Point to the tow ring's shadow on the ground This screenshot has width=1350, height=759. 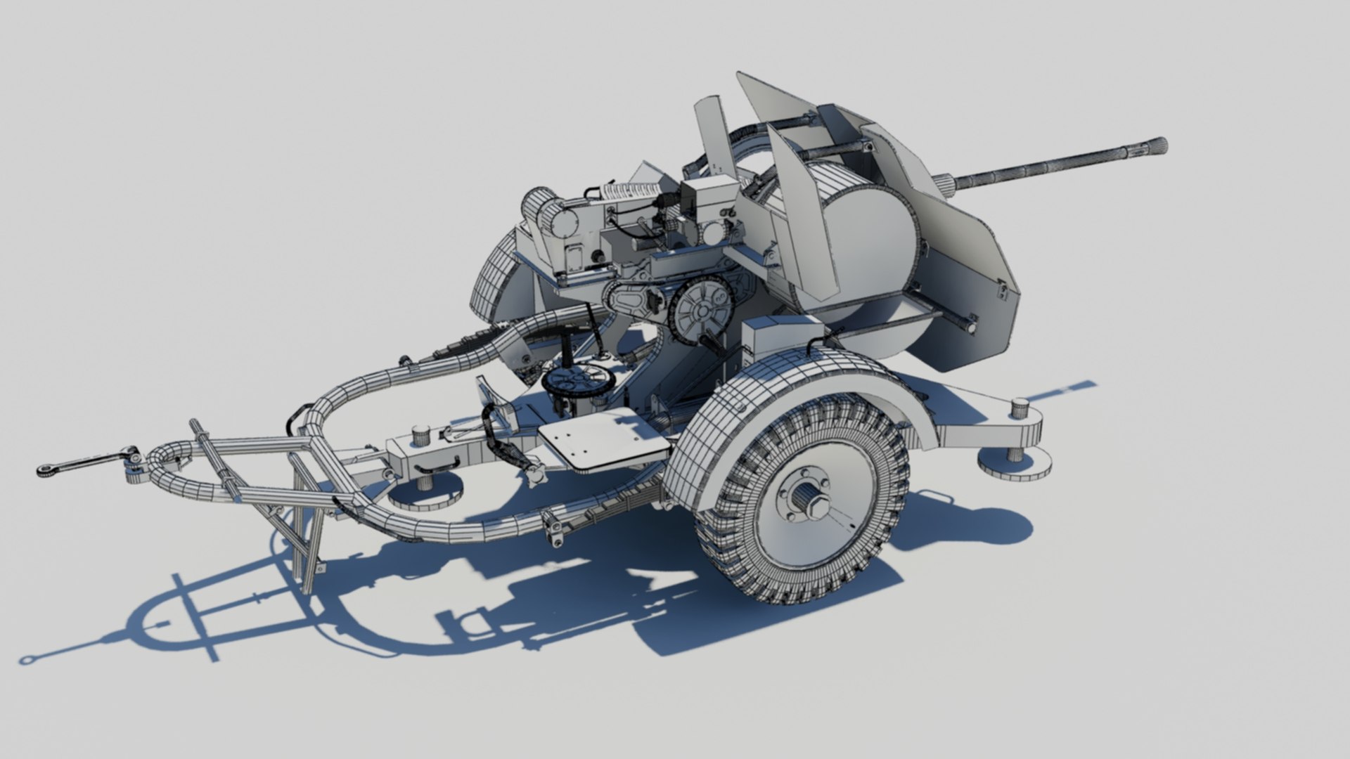29,659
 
